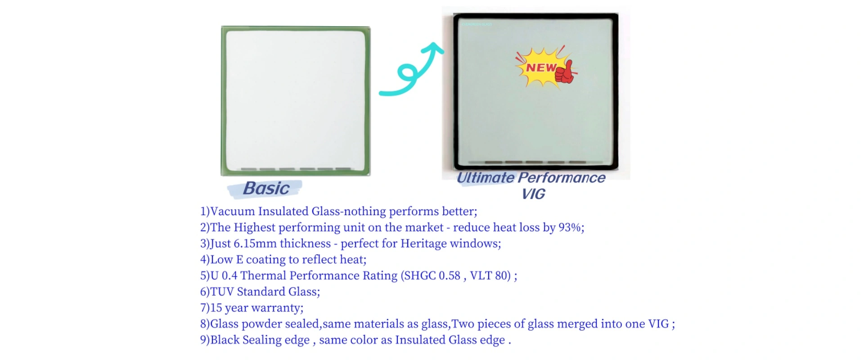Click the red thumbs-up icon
pos(566,72)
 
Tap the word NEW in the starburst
pos(541,67)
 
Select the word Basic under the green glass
pos(266,188)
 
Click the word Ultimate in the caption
pos(486,178)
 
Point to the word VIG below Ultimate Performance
pos(534,194)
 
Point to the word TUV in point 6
pos(222,292)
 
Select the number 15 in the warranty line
pos(216,308)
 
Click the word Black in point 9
pos(225,340)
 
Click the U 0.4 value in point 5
pos(224,275)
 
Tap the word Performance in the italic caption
pos(562,178)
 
